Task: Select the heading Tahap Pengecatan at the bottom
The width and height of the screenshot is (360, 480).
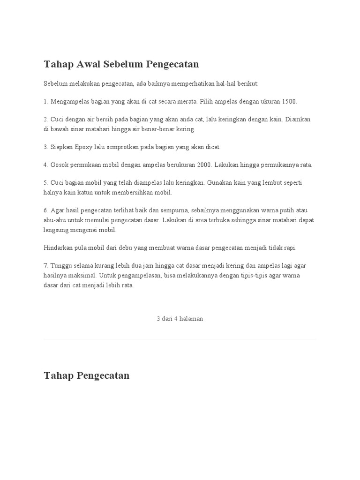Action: pos(86,375)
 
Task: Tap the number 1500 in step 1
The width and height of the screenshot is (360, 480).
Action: pos(289,101)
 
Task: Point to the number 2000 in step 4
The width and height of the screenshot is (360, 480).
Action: pos(204,165)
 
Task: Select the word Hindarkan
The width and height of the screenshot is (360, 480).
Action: pos(58,247)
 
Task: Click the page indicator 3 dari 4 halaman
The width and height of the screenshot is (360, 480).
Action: pos(180,319)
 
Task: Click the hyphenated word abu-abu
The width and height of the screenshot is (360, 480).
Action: pos(55,220)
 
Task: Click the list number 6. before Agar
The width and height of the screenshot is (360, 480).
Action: pos(46,210)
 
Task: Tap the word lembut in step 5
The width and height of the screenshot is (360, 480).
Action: pos(266,183)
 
